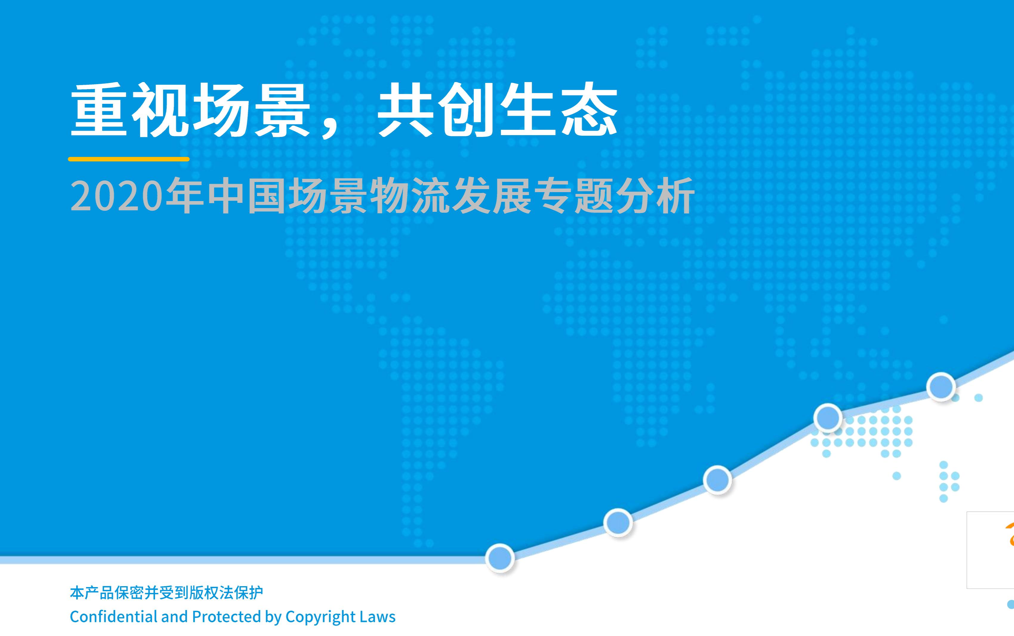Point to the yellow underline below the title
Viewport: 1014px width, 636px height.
[129, 159]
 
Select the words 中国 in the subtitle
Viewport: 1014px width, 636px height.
[246, 196]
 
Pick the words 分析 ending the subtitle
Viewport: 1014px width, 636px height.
[655, 196]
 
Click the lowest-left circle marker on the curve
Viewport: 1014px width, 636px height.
[500, 558]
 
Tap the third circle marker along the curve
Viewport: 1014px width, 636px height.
[717, 479]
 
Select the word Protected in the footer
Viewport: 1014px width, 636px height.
[226, 617]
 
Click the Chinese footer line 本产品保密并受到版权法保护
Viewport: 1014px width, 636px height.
[166, 593]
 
